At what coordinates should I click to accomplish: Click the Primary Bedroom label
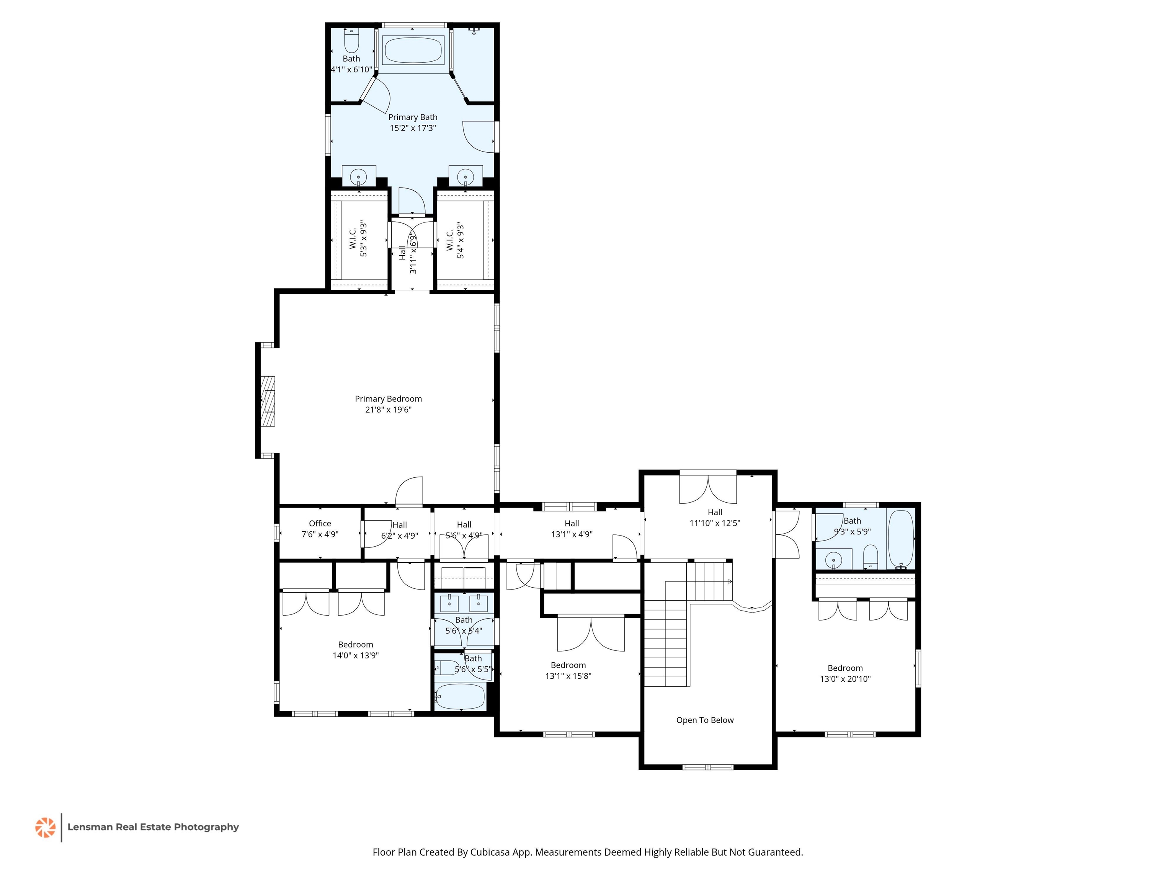pyautogui.click(x=388, y=399)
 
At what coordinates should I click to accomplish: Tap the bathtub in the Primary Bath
pyautogui.click(x=413, y=51)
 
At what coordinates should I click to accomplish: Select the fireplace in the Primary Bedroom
pyautogui.click(x=268, y=402)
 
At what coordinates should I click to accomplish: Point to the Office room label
pyautogui.click(x=320, y=523)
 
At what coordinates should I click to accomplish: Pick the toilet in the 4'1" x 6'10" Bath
pyautogui.click(x=351, y=40)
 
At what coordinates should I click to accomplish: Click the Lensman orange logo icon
pyautogui.click(x=45, y=827)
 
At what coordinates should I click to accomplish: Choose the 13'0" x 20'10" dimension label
pyautogui.click(x=845, y=679)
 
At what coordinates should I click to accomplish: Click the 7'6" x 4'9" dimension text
pyautogui.click(x=320, y=534)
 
